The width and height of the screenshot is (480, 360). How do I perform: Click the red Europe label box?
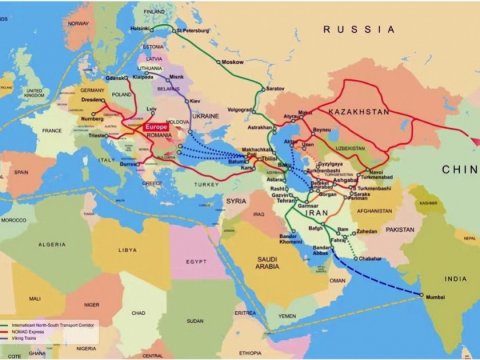tap(157, 128)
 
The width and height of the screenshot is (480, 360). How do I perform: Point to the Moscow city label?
tap(232, 63)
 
